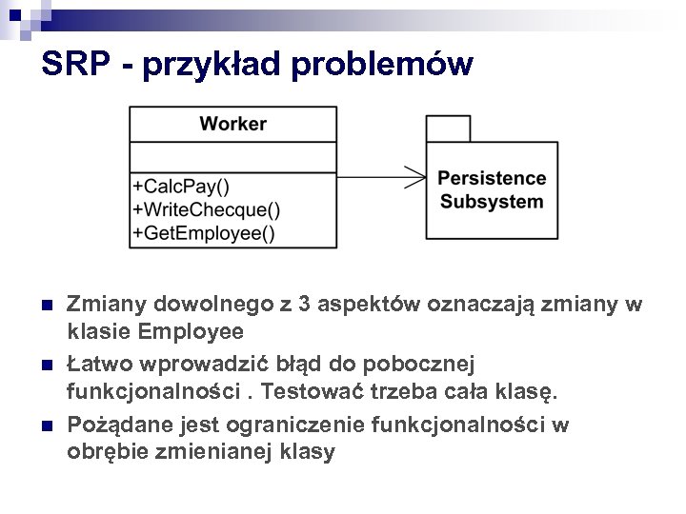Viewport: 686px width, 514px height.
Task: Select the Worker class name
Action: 233,124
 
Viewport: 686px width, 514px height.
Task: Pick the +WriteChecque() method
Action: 207,208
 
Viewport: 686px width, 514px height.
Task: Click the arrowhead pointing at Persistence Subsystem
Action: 415,177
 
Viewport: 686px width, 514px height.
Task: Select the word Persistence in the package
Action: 492,178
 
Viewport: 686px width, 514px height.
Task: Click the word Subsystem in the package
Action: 492,202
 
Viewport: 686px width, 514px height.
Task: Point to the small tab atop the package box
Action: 448,128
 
